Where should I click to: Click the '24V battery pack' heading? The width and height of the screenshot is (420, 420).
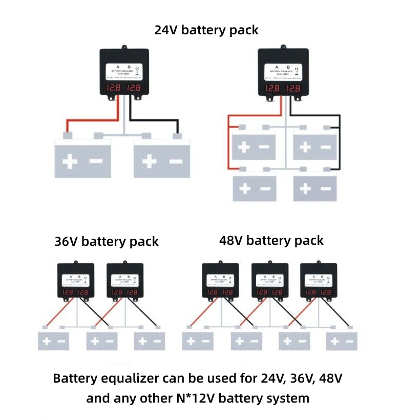[x=206, y=30]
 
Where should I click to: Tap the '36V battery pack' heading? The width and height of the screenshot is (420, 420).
[x=107, y=241]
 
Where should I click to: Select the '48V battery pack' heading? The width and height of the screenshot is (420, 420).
[x=271, y=240]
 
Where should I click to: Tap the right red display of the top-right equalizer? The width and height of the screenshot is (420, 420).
[x=293, y=89]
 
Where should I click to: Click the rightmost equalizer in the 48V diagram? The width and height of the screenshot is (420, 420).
[x=319, y=282]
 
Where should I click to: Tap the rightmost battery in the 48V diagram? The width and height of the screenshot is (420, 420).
[x=342, y=341]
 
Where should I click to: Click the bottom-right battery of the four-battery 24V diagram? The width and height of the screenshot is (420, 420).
[x=314, y=188]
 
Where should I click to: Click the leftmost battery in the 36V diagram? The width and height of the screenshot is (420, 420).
[x=54, y=341]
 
